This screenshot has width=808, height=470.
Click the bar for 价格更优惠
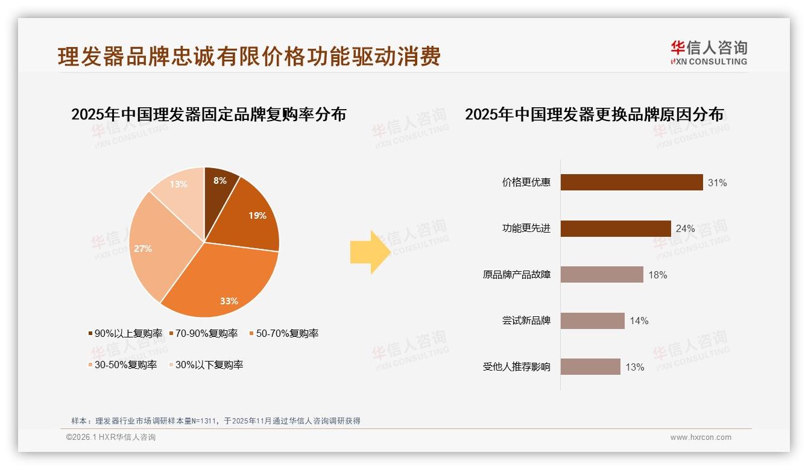pos(631,183)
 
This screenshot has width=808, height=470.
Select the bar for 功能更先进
pos(616,229)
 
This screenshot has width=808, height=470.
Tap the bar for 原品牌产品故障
pos(602,275)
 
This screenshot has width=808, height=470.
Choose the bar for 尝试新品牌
pos(592,321)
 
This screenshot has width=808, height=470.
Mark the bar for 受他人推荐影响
pos(590,367)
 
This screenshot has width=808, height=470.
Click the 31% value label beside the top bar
pos(718,183)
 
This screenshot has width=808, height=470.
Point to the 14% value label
pos(639,321)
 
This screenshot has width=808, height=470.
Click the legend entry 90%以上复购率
pos(126,333)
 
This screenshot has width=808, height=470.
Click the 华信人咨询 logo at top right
pos(709,52)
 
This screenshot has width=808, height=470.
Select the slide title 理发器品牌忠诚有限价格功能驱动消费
pos(249,56)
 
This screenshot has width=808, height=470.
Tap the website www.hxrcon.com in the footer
pos(701,437)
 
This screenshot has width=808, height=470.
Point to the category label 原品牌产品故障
pos(517,275)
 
